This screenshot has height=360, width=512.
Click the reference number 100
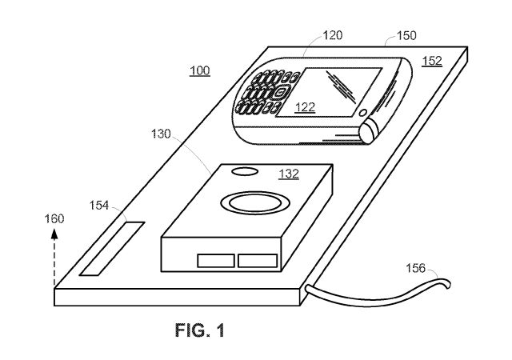point(199,70)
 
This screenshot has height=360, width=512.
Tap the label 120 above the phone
point(333,35)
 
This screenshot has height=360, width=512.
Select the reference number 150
point(406,35)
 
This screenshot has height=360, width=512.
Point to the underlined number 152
point(432,61)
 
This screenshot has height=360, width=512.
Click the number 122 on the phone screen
point(305,107)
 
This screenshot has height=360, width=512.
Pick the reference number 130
point(161,134)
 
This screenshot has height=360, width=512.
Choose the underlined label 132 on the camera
point(289,174)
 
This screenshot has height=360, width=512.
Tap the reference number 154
point(98,205)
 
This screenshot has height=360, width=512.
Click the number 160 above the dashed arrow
point(54,218)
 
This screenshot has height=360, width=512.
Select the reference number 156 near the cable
point(416,268)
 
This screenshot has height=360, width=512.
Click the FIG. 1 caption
point(200,330)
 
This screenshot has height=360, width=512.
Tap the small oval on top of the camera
point(245,171)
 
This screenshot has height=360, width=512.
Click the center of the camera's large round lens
point(255,203)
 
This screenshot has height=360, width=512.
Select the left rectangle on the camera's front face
point(216,261)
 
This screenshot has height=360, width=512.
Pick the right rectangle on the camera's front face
point(258,261)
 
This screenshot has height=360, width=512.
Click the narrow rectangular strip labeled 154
point(112,249)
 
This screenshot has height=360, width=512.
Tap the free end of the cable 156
point(449,284)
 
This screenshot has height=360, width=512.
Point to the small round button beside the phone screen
point(362,113)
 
